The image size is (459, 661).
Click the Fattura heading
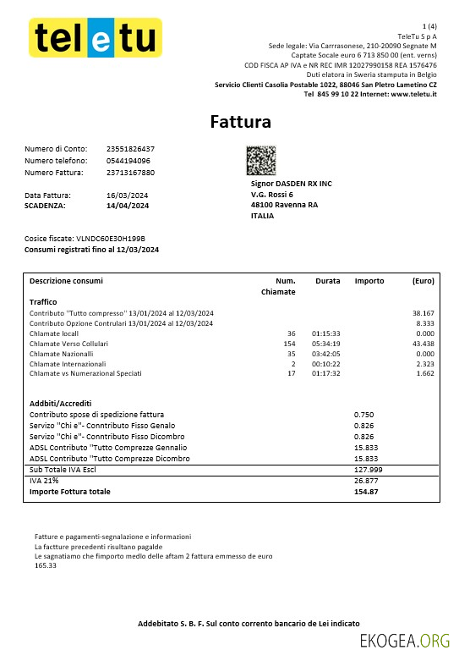241,122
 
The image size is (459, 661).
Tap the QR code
261,160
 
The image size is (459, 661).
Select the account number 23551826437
131,149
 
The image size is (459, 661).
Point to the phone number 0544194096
128,161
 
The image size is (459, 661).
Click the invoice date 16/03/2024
128,196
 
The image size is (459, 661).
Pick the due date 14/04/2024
128,206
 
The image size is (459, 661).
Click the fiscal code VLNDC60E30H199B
111,239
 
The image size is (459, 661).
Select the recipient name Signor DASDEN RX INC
292,183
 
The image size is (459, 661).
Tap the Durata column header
328,280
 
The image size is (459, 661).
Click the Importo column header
369,280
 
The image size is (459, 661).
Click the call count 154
289,344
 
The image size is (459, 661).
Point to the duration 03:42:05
326,354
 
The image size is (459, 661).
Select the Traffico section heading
43,301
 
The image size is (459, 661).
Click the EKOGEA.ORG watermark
404,642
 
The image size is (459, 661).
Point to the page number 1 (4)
429,27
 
